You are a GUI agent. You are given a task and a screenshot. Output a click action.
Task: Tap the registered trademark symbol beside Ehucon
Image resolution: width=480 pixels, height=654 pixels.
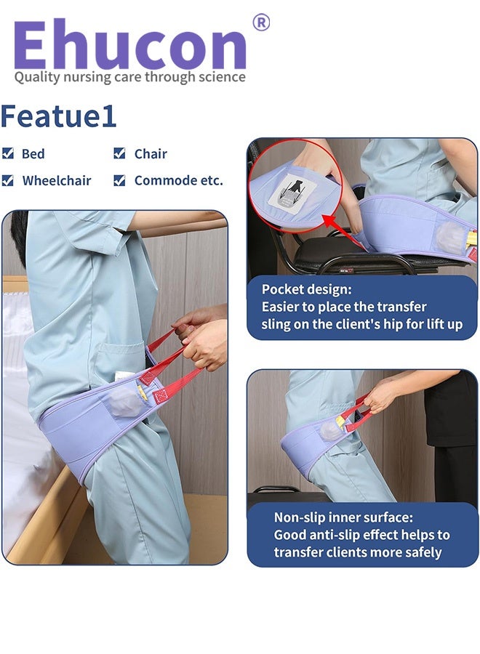tap(260, 23)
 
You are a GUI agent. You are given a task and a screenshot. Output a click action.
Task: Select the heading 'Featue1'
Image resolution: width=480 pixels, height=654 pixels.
tap(58, 116)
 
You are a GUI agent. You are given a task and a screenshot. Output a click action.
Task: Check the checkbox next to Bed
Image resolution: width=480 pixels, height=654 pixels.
tap(8, 153)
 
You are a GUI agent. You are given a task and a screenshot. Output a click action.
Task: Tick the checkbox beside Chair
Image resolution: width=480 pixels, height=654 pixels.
tap(119, 153)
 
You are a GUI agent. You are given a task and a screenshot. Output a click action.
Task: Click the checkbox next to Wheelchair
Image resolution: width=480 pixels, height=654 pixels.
tap(8, 180)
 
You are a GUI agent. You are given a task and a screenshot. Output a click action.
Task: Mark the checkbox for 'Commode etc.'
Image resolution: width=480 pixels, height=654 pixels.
tap(119, 180)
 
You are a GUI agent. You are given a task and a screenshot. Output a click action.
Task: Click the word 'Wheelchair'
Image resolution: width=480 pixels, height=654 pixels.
tap(57, 180)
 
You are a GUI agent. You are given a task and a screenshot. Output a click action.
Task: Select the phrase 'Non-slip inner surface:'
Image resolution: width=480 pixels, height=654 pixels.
tap(342, 517)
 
